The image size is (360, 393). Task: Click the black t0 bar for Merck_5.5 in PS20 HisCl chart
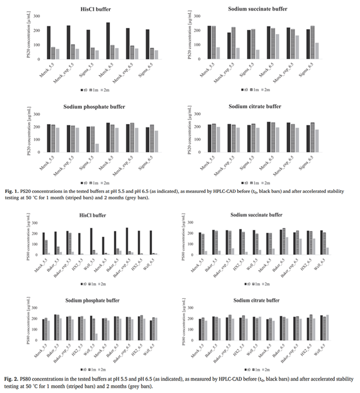tap(49, 43)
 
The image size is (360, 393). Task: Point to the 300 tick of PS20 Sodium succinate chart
tap(198, 14)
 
